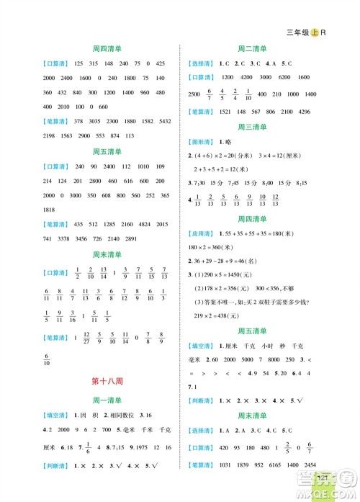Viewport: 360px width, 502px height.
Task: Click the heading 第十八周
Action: pos(106,382)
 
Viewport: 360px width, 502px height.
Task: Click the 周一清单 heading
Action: pos(106,400)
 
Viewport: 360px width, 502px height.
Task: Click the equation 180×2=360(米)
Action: pos(217,247)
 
